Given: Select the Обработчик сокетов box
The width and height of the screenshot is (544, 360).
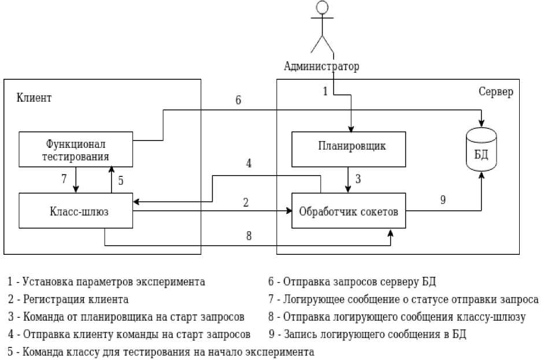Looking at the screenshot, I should tap(348, 211).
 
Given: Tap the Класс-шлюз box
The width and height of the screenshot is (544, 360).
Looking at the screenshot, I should tap(76, 211).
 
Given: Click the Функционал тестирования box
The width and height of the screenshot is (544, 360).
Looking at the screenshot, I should tap(76, 149).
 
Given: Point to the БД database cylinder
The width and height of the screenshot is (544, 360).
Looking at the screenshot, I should tap(481, 149).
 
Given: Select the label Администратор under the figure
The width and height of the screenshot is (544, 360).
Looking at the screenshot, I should tap(321, 66).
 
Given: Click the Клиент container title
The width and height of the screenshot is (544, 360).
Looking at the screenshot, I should tap(34, 97).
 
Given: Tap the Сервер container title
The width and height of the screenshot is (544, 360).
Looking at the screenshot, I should tap(495, 92).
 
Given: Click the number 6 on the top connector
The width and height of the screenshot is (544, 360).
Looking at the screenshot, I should tap(238, 100).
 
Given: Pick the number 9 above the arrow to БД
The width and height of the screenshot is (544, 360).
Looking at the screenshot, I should tap(443, 200).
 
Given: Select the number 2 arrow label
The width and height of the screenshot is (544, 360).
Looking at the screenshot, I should tap(246, 203).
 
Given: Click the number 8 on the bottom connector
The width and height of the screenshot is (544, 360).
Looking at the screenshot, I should tap(249, 236).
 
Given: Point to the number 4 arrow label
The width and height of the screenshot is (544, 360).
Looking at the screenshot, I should tap(249, 164).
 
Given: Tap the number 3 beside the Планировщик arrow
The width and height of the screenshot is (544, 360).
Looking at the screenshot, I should tap(358, 179).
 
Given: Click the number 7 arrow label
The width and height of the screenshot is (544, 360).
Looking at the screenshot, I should tap(64, 179).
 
